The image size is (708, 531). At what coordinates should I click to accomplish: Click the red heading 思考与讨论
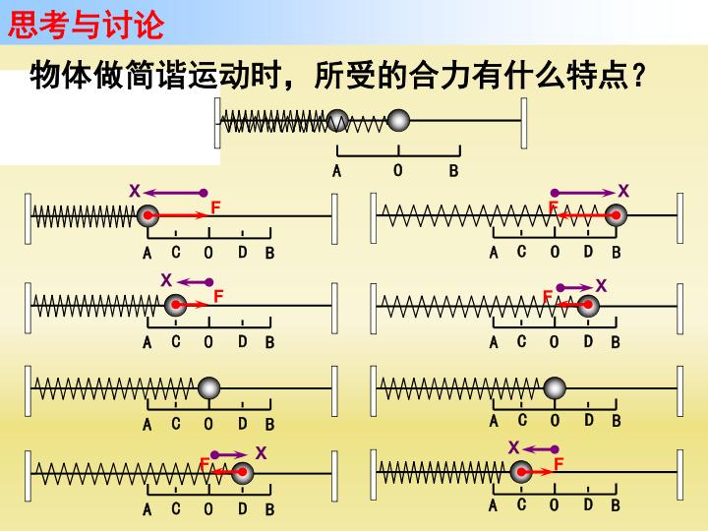pyautogui.click(x=86, y=25)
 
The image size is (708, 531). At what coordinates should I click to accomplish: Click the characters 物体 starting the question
pyautogui.click(x=61, y=75)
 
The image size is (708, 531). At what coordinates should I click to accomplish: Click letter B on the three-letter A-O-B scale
pyautogui.click(x=453, y=171)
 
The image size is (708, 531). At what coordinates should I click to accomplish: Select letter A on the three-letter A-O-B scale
pyautogui.click(x=337, y=171)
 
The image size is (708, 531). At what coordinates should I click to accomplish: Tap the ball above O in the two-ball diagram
pyautogui.click(x=398, y=121)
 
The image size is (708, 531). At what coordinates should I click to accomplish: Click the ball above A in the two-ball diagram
pyautogui.click(x=337, y=121)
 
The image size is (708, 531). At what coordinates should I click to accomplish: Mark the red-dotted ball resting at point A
pyautogui.click(x=147, y=215)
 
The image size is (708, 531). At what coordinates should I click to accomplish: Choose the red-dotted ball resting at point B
pyautogui.click(x=616, y=215)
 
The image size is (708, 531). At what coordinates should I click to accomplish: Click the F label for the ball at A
pyautogui.click(x=215, y=207)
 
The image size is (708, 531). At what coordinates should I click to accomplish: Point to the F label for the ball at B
pyautogui.click(x=553, y=206)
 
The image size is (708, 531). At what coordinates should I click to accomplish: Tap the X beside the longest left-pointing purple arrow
pyautogui.click(x=135, y=191)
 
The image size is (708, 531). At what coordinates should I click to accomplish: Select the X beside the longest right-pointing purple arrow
pyautogui.click(x=623, y=191)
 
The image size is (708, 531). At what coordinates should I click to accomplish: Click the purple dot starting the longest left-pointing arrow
pyautogui.click(x=204, y=193)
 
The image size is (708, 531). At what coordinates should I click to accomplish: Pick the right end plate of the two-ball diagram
pyautogui.click(x=524, y=123)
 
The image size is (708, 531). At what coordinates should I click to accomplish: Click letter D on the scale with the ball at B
pyautogui.click(x=588, y=252)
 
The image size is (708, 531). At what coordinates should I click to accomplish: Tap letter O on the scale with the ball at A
pyautogui.click(x=208, y=253)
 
